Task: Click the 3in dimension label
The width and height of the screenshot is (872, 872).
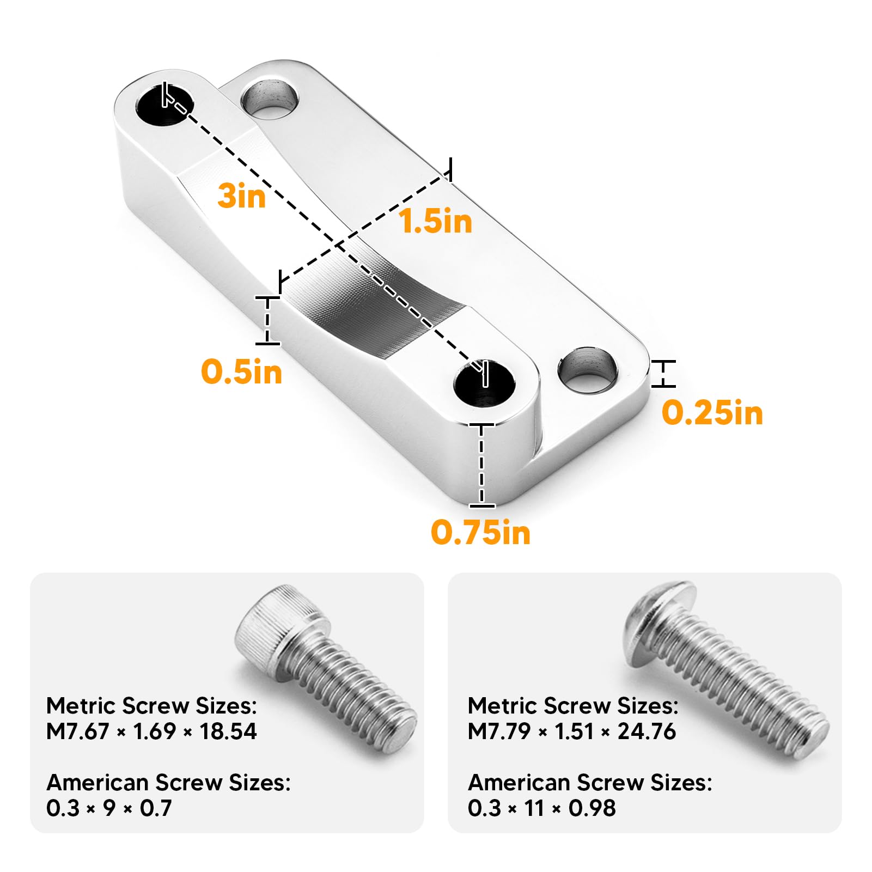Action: [x=241, y=196]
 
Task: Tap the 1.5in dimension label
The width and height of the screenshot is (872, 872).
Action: [x=436, y=221]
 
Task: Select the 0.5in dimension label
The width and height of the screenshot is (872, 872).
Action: [x=241, y=372]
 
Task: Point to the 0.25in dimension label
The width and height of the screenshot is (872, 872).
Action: [x=712, y=412]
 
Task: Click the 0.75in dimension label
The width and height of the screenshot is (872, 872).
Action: [x=480, y=532]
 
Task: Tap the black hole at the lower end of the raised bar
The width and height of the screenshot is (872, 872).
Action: [x=484, y=383]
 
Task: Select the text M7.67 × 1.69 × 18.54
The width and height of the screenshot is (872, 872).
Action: [x=151, y=731]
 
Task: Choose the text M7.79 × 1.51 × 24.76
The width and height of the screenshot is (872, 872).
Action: [x=571, y=731]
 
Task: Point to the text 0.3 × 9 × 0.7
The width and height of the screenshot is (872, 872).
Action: [x=109, y=808]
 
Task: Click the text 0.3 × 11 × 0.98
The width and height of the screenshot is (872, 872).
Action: [x=541, y=808]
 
